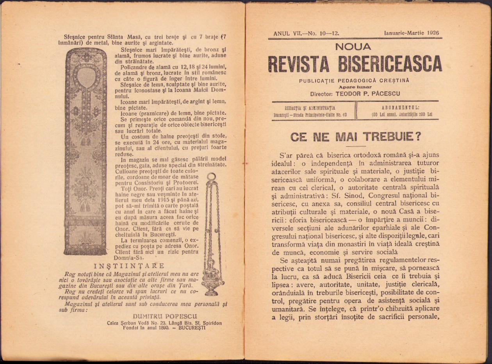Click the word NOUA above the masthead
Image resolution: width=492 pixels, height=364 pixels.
click(x=353, y=47)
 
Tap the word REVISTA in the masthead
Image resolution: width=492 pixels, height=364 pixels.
click(x=300, y=64)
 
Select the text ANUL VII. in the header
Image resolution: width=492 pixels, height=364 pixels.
click(x=287, y=34)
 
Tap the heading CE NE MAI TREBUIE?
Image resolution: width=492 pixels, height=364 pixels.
click(x=355, y=137)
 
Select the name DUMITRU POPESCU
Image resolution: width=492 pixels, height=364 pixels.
click(x=165, y=316)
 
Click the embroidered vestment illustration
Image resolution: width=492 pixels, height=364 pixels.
click(x=85, y=152)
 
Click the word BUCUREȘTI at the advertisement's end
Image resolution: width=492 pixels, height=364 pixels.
click(x=191, y=328)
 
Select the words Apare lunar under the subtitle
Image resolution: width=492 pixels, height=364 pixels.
click(x=355, y=87)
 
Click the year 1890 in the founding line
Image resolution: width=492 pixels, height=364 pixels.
click(x=162, y=328)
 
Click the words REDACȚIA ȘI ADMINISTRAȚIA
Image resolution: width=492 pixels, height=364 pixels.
click(x=310, y=108)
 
